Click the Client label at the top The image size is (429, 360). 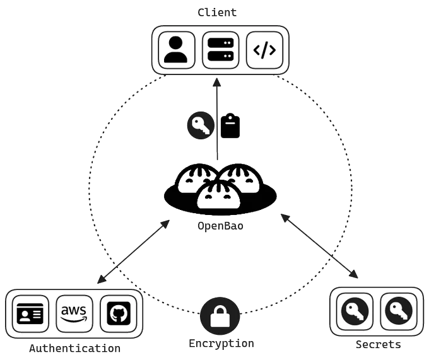click(x=217, y=13)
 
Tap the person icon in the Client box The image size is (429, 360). click(x=175, y=49)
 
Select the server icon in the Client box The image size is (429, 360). click(x=221, y=49)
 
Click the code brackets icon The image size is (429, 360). click(x=264, y=50)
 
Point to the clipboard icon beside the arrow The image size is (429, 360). click(x=230, y=125)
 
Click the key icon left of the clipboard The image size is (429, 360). click(x=201, y=125)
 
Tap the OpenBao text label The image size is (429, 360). click(x=221, y=226)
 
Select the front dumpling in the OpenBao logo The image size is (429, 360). click(x=219, y=195)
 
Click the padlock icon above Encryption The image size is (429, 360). click(x=220, y=316)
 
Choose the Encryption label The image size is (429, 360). click(x=221, y=344)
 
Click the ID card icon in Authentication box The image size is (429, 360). click(x=30, y=313)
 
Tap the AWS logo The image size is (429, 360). click(x=74, y=313)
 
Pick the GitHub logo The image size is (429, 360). click(x=119, y=313)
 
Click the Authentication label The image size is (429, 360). click(x=74, y=349)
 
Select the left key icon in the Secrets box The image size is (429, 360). click(x=355, y=311)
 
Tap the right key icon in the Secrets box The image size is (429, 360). click(x=399, y=311)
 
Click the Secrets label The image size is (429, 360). click(x=379, y=344)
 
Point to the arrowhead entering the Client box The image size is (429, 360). click(x=216, y=82)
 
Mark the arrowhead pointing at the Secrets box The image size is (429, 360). click(x=354, y=274)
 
